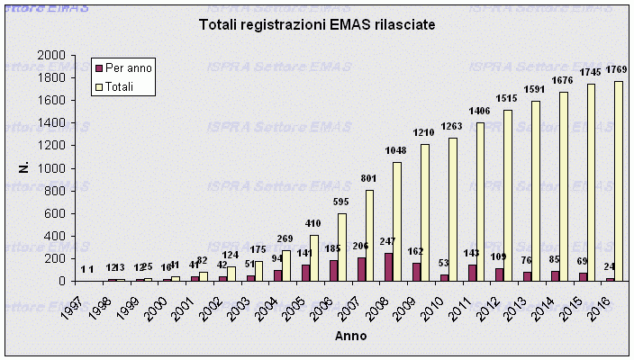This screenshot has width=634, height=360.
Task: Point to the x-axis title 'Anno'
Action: (x=350, y=335)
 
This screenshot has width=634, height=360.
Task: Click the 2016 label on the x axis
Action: (x=598, y=301)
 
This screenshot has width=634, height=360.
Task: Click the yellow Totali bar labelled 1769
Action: (x=619, y=181)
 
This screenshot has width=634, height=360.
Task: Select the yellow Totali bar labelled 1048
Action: (x=397, y=221)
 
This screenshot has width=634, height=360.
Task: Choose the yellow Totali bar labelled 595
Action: (x=343, y=247)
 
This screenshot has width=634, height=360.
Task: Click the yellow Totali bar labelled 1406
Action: (x=481, y=202)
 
